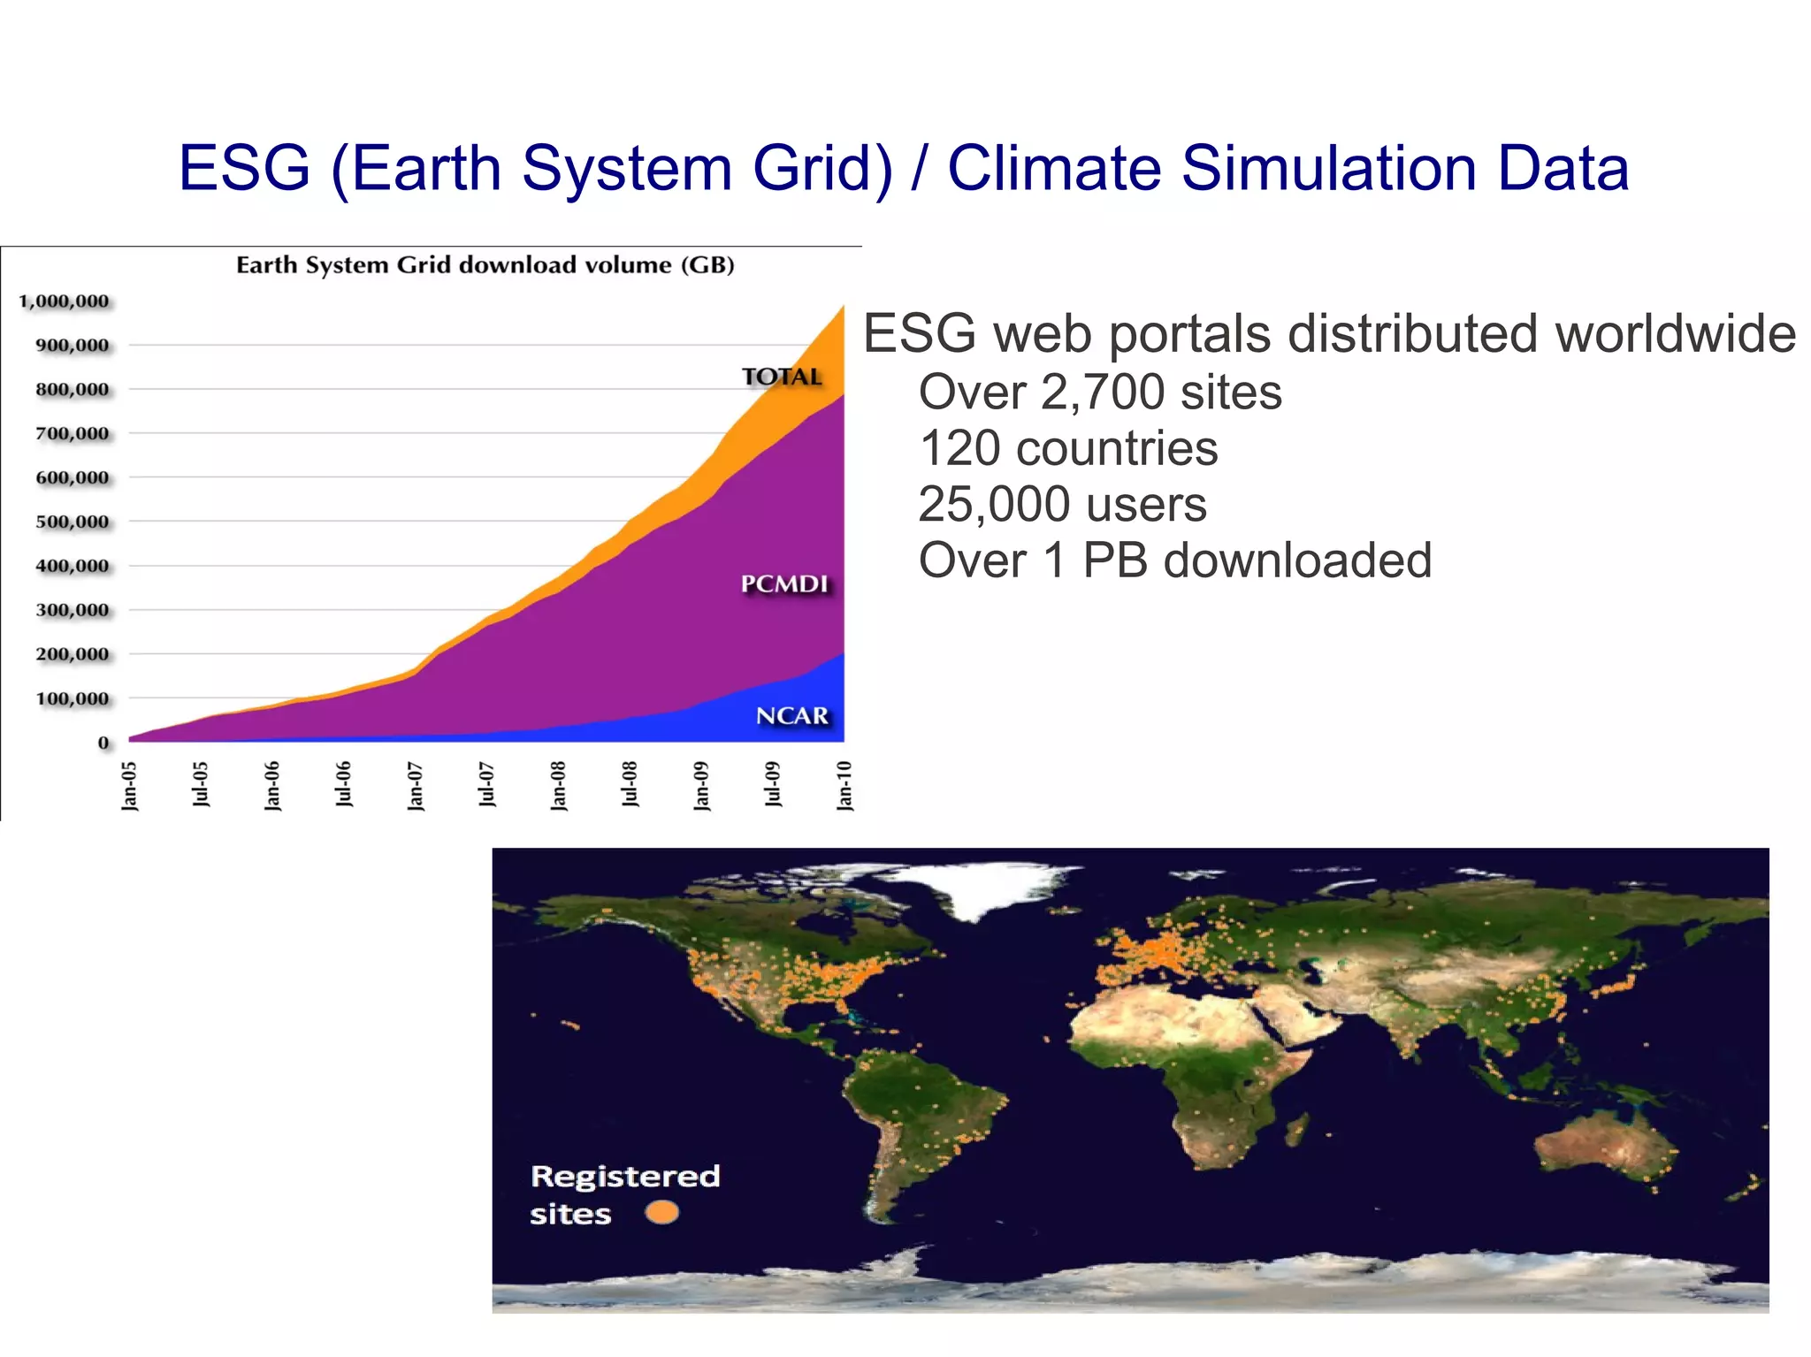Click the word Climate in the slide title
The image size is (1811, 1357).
tap(1054, 168)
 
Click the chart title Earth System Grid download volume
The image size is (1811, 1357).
tap(485, 265)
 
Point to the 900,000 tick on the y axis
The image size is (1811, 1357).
tap(73, 345)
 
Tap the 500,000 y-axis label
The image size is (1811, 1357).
tap(73, 522)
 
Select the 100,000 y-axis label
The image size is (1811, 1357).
tap(73, 698)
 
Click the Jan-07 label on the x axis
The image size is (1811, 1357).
tap(415, 786)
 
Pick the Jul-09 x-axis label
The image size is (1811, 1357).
tap(772, 784)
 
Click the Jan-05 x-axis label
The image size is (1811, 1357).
tap(129, 786)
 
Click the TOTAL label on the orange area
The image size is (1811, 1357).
tap(782, 377)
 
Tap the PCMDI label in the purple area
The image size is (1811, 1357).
tap(784, 584)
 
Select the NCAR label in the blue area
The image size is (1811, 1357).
tap(791, 716)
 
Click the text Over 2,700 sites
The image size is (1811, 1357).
tap(1100, 392)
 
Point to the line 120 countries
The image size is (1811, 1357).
tap(1068, 448)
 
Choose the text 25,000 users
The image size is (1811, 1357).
tap(1062, 505)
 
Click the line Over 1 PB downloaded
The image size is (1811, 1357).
tap(1175, 560)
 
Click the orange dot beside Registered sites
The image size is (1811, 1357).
tap(661, 1212)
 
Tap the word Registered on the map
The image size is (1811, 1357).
tap(625, 1176)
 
